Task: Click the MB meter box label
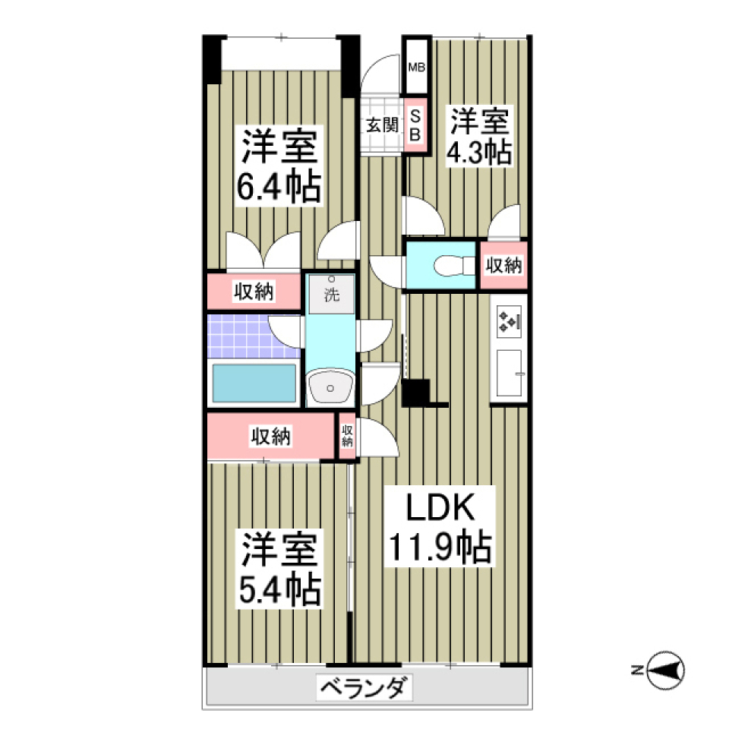point(416,67)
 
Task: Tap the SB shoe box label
point(415,125)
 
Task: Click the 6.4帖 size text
point(279,188)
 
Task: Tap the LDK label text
point(440,507)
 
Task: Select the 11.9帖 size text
point(440,546)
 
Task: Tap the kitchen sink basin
point(509,373)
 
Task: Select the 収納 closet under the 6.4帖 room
point(254,291)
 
